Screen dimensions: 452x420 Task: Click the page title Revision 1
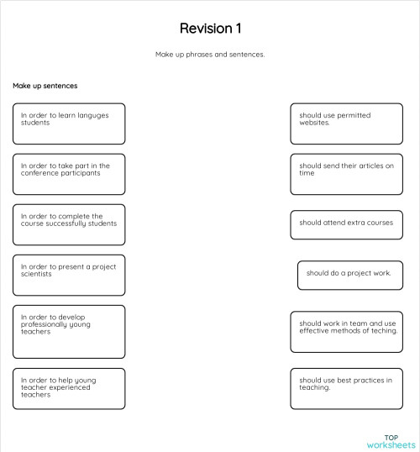pos(210,29)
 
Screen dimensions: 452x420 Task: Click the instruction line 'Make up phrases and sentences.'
pos(210,55)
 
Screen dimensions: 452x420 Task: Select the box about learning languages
pos(69,124)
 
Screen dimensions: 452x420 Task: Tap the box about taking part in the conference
pos(69,174)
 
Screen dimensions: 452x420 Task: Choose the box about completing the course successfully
pos(69,224)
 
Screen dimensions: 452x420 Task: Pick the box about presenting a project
pos(69,275)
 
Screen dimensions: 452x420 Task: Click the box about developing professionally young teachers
pos(69,332)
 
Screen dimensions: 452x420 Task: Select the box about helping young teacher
pos(69,388)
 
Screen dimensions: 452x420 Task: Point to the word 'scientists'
pos(36,274)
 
